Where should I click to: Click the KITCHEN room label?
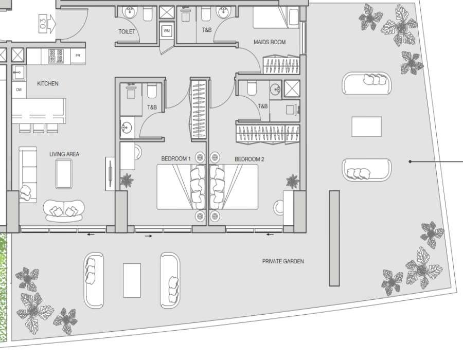pyautogui.click(x=47, y=83)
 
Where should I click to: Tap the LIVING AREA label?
pyautogui.click(x=64, y=154)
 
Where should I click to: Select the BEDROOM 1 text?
pyautogui.click(x=176, y=159)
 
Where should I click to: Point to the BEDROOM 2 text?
pyautogui.click(x=249, y=159)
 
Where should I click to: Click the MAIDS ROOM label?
pyautogui.click(x=270, y=42)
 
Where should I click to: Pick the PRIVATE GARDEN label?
pyautogui.click(x=283, y=261)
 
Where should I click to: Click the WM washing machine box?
pyautogui.click(x=167, y=31)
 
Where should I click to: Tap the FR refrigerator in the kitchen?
pyautogui.click(x=78, y=56)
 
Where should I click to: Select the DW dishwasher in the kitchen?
pyautogui.click(x=19, y=89)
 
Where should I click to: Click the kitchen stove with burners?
pyautogui.click(x=56, y=56)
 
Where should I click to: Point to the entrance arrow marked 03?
pyautogui.click(x=47, y=24)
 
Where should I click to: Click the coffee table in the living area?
pyautogui.click(x=64, y=174)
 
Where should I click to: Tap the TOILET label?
pyautogui.click(x=127, y=31)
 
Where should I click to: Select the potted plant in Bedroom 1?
pyautogui.click(x=127, y=181)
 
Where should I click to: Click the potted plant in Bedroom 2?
pyautogui.click(x=293, y=181)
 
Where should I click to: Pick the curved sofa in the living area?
pyautogui.click(x=64, y=211)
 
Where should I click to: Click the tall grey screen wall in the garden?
pyautogui.click(x=334, y=238)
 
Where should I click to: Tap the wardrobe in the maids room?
pyautogui.click(x=281, y=64)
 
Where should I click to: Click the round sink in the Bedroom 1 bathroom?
pyautogui.click(x=127, y=128)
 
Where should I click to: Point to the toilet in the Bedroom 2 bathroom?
pyautogui.click(x=252, y=87)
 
